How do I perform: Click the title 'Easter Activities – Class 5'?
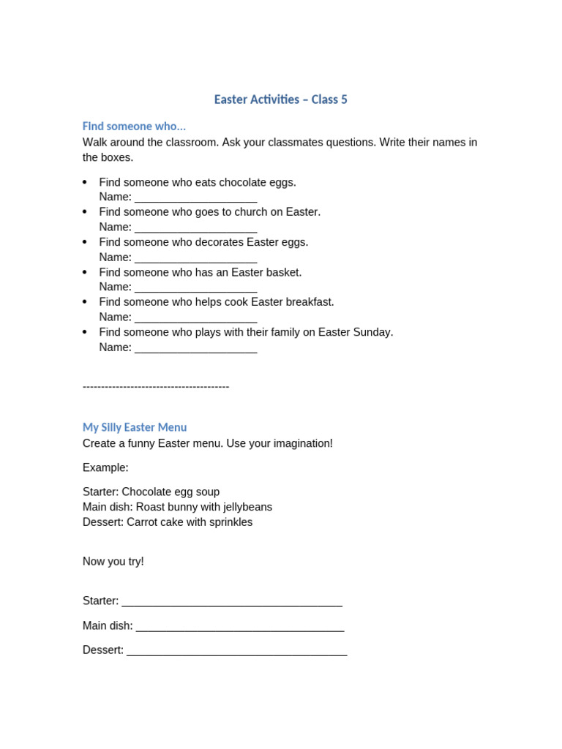pyautogui.click(x=280, y=99)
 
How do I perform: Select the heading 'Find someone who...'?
pyautogui.click(x=134, y=127)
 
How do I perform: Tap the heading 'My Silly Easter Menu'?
pyautogui.click(x=135, y=427)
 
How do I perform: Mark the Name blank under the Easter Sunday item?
pyautogui.click(x=196, y=349)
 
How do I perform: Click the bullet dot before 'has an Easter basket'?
pyautogui.click(x=85, y=271)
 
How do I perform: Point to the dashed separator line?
pyautogui.click(x=156, y=386)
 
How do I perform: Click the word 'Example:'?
pyautogui.click(x=105, y=467)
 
